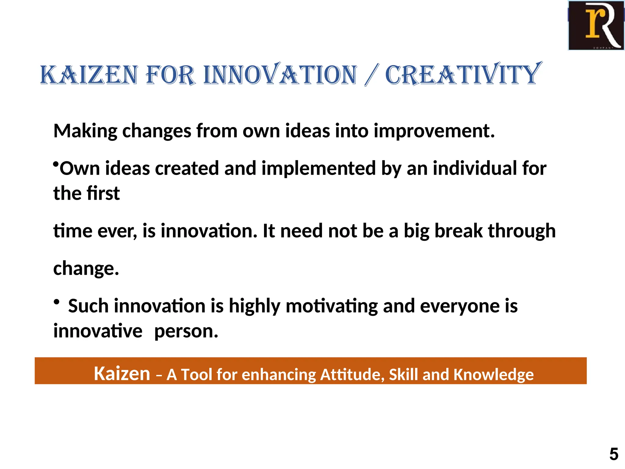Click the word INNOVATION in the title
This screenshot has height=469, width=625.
coord(280,75)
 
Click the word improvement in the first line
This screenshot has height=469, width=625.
coord(434,131)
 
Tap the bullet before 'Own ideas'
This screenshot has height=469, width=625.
coord(56,165)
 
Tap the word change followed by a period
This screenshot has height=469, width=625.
coord(86,269)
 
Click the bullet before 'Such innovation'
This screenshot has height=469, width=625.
coord(56,302)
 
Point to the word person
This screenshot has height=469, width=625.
coord(186,331)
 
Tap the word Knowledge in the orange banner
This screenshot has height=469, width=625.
coord(493,374)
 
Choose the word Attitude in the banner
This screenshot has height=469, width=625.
coord(352,374)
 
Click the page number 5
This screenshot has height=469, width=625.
coord(614,454)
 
